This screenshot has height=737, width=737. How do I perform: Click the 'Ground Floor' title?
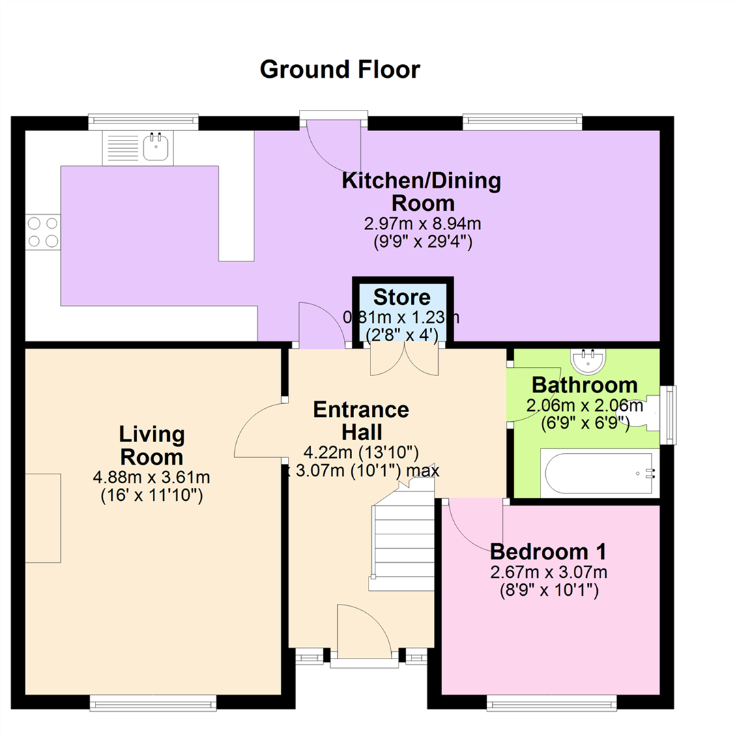point(340,70)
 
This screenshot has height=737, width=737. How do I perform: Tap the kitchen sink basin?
point(156,147)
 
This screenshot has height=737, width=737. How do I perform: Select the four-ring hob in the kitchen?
point(43,232)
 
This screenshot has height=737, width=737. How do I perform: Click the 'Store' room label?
point(402,298)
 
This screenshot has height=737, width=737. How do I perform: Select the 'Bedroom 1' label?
point(548,552)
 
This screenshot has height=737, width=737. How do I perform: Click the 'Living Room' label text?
point(151,446)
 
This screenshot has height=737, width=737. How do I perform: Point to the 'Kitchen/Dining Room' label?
point(422,192)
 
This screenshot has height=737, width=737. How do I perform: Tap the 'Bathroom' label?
point(585,385)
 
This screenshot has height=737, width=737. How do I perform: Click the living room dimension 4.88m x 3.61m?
point(151,478)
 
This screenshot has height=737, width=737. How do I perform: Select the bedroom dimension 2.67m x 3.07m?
point(549,573)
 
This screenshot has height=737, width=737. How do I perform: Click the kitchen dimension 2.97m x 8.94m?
point(422,224)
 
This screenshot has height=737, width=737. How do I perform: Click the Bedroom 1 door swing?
point(475,525)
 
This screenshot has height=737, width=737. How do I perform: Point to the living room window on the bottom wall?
point(153,704)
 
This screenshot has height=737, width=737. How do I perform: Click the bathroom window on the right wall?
point(668,415)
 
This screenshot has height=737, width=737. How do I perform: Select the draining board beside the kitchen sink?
point(123,147)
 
